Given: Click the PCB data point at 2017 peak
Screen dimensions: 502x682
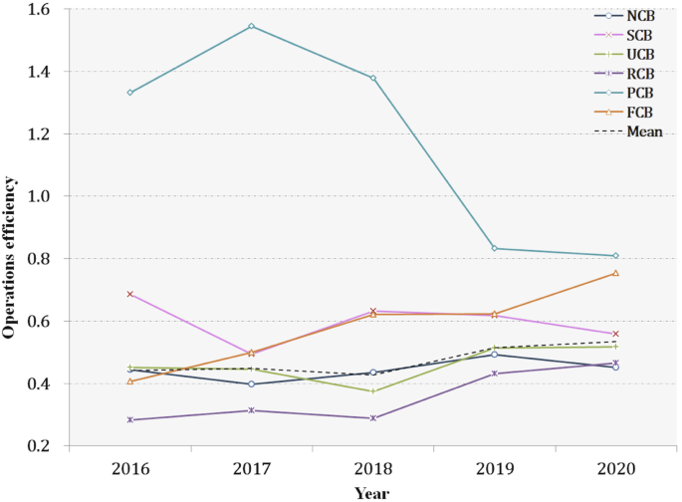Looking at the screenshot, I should (251, 26).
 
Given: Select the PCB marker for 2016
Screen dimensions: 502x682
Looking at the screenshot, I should (129, 93).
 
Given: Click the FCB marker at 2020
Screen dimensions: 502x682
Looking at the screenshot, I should (615, 273).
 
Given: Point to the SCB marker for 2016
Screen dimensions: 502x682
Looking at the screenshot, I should (129, 294).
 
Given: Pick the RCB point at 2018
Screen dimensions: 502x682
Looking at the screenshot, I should (372, 418).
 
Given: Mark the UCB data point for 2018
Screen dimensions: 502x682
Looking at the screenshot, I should (372, 391).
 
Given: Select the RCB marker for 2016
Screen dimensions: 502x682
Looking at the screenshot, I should (129, 420).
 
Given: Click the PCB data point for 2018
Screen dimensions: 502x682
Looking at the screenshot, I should (372, 78).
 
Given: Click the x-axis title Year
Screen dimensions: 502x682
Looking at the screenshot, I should (372, 492).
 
